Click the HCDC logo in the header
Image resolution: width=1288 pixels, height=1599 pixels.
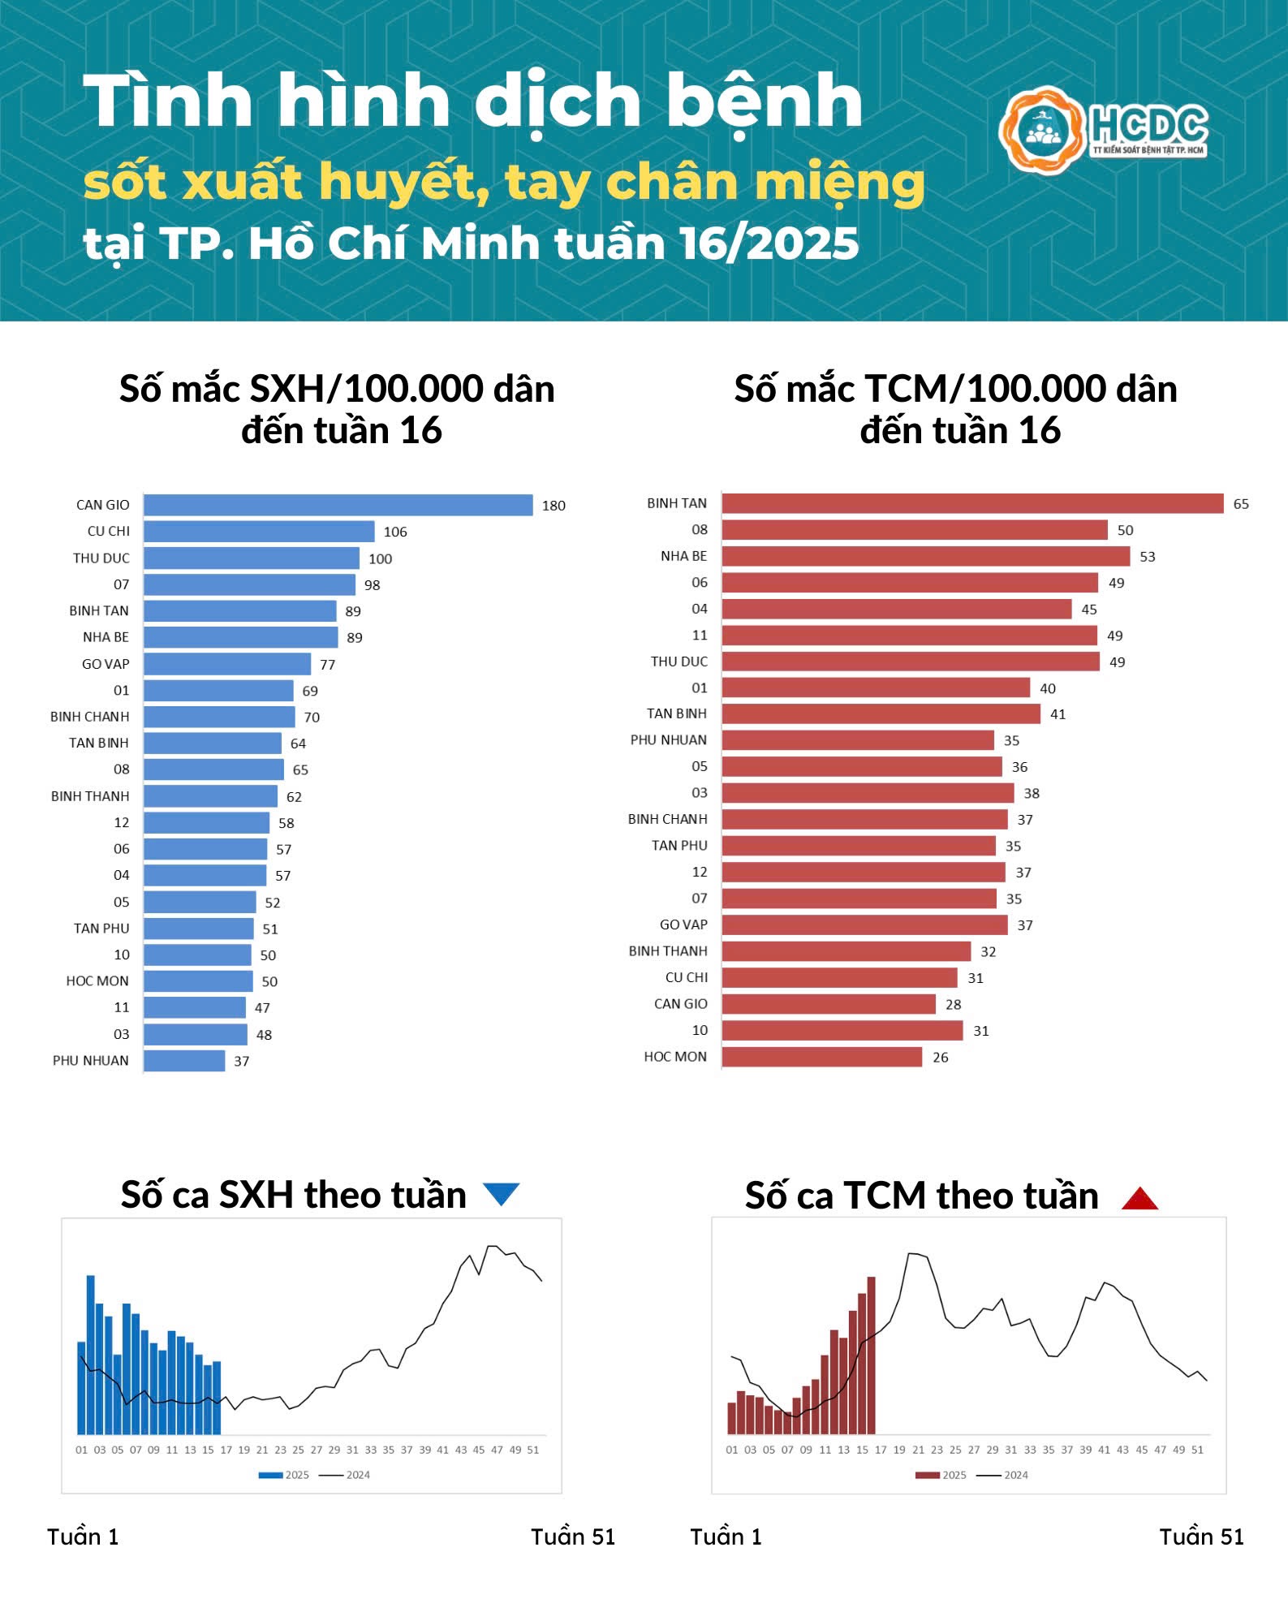(x=1104, y=130)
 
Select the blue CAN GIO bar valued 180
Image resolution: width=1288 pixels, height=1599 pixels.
(x=338, y=505)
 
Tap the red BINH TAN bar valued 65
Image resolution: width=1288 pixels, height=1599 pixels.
(x=972, y=503)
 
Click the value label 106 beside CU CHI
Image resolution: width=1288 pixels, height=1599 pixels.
(x=395, y=532)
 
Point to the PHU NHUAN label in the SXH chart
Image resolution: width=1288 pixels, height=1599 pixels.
(x=91, y=1060)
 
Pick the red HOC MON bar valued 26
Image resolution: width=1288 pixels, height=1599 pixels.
(x=821, y=1057)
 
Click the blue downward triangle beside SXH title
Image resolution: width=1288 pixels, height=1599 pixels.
(x=501, y=1194)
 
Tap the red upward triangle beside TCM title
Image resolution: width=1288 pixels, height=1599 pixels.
(x=1139, y=1198)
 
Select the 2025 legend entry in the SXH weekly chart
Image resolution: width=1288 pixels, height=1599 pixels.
(x=284, y=1475)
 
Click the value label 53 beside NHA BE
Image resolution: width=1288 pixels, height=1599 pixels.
(x=1147, y=557)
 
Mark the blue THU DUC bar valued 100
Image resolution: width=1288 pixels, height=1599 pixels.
(x=252, y=558)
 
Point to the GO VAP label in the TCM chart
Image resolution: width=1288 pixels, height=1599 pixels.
(x=683, y=924)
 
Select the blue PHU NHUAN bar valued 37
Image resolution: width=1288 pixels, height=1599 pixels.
(x=184, y=1061)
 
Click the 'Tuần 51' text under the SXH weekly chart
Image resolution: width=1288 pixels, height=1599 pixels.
(x=573, y=1537)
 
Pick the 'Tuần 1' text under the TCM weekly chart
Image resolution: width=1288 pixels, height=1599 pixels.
(x=726, y=1537)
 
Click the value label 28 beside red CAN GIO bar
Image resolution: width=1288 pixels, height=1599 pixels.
(x=953, y=1005)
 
